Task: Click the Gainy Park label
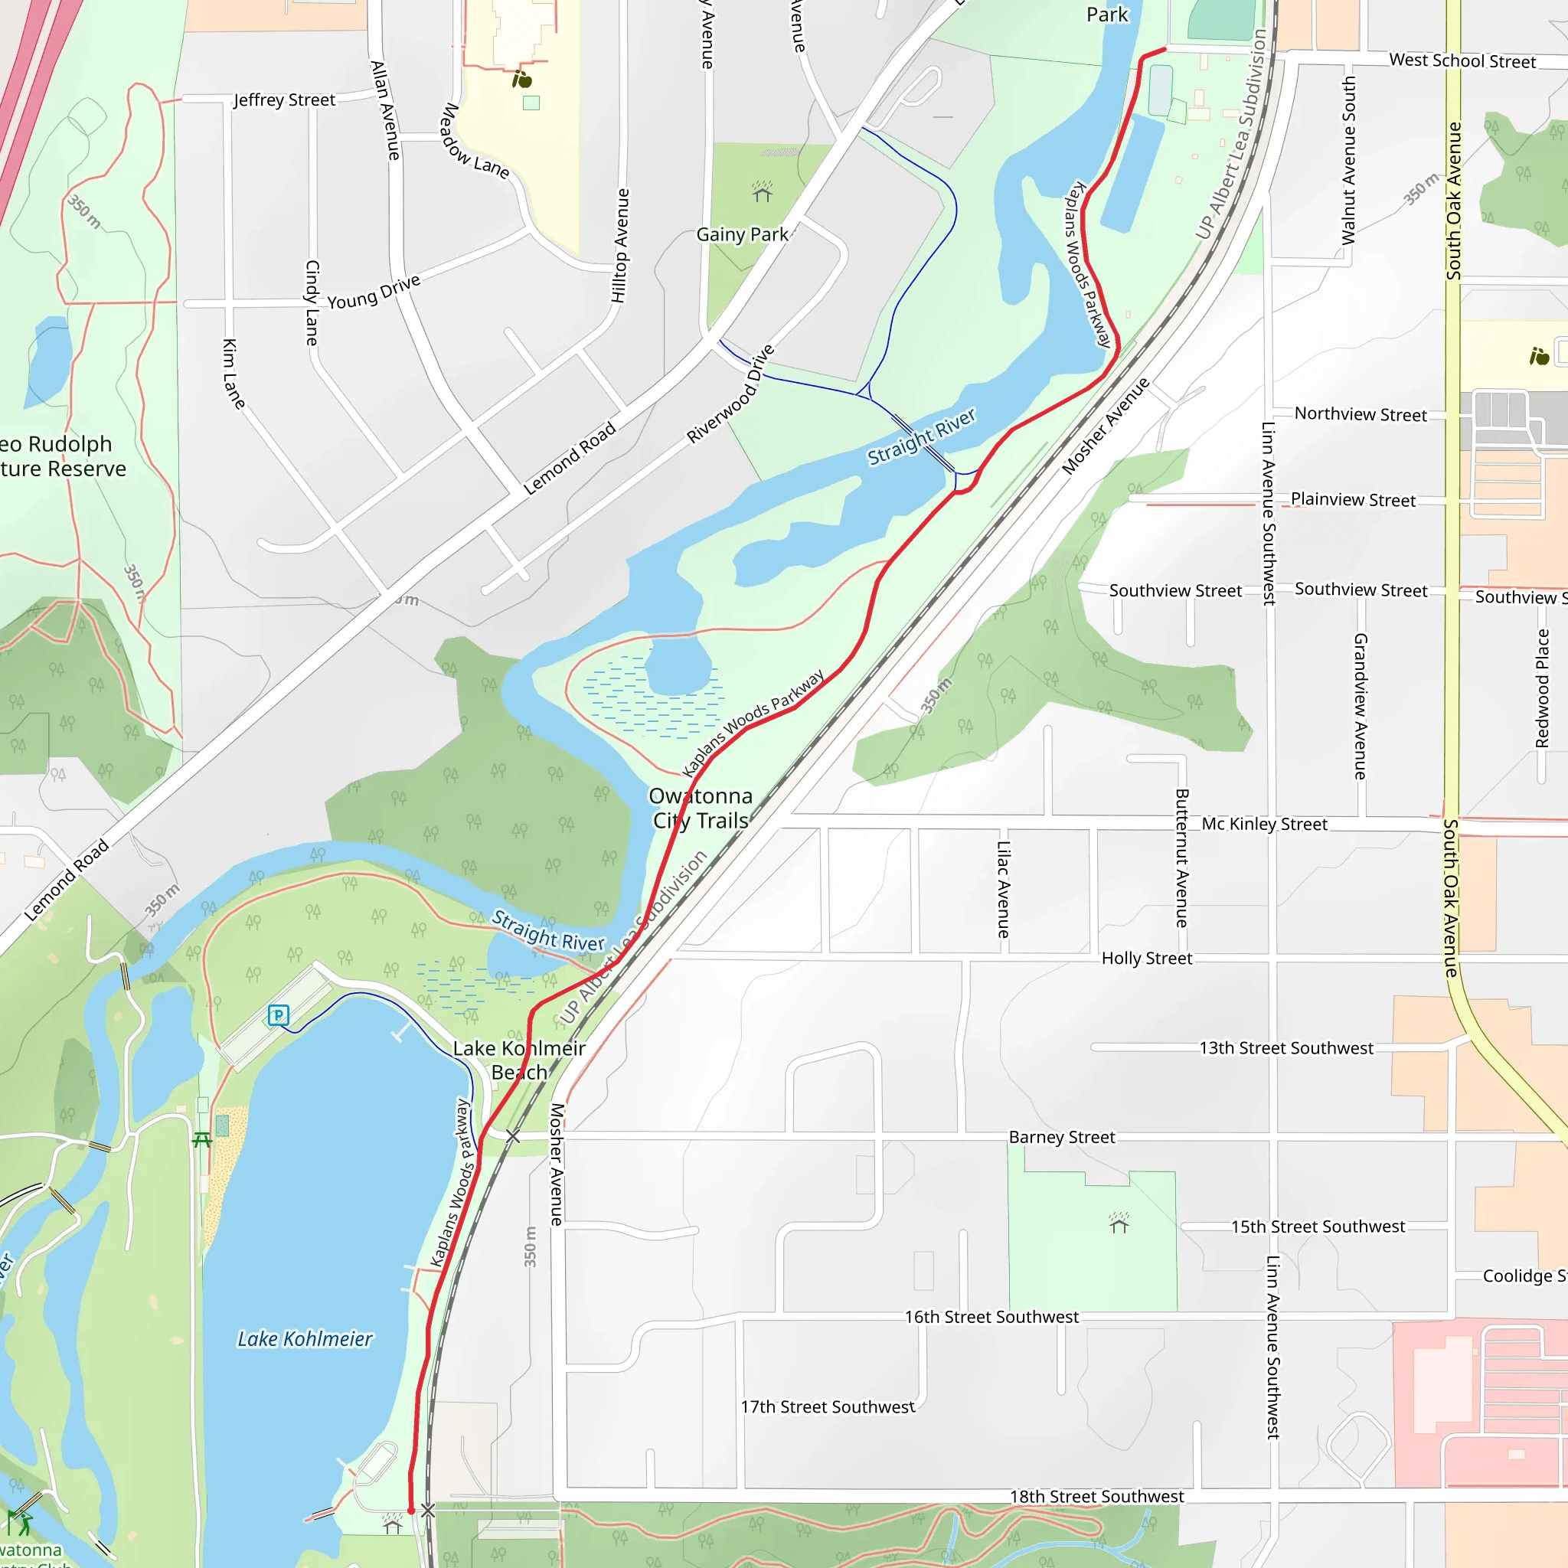(742, 234)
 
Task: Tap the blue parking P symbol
(279, 1014)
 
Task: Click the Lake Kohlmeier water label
(305, 1338)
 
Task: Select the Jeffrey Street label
(284, 100)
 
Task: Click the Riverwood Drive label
(730, 394)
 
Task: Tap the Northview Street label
(1361, 414)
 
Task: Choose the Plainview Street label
(1353, 500)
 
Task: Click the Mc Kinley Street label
(1265, 824)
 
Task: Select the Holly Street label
(1147, 959)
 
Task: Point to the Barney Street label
(1062, 1137)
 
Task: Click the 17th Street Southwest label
(827, 1406)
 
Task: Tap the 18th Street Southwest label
(1096, 1496)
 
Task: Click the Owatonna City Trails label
(701, 808)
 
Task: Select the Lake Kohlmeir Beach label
(519, 1060)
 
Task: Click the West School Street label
(1462, 61)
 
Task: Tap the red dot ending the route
(411, 1511)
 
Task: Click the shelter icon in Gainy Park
(761, 192)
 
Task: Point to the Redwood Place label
(1542, 688)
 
